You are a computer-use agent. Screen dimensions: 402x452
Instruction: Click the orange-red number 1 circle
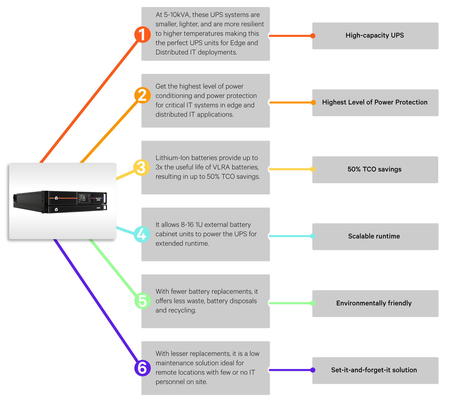(x=142, y=34)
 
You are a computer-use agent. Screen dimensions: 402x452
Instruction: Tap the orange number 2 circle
(x=142, y=95)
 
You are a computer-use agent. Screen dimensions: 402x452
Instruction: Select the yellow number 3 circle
(x=141, y=168)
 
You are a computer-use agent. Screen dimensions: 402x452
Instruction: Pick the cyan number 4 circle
(x=142, y=234)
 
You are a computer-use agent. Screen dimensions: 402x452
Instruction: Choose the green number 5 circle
(x=142, y=301)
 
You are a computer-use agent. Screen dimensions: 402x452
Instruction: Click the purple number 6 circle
(x=142, y=368)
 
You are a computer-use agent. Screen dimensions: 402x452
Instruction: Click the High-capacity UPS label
(x=375, y=35)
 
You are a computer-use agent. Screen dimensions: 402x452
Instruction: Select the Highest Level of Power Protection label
(x=375, y=102)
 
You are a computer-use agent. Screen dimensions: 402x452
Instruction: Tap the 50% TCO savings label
(x=375, y=169)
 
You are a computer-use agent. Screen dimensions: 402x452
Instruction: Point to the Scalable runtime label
(x=374, y=236)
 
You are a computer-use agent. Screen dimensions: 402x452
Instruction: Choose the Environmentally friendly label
(x=374, y=303)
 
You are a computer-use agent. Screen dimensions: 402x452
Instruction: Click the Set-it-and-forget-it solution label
(x=374, y=370)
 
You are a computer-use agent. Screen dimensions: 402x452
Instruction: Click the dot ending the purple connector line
(x=313, y=370)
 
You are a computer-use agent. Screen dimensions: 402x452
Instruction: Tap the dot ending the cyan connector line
(x=313, y=236)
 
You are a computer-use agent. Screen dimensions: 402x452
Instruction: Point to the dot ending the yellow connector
(x=313, y=169)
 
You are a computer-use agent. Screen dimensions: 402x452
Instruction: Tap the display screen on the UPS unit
(x=84, y=198)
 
